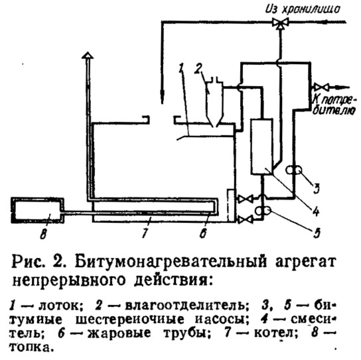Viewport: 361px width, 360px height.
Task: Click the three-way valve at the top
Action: (280, 23)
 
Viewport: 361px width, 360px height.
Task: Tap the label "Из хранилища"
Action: (303, 9)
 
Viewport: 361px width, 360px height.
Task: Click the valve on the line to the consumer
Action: (321, 88)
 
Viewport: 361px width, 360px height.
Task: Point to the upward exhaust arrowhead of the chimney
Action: (88, 56)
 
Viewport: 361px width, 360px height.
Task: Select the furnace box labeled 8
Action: (38, 210)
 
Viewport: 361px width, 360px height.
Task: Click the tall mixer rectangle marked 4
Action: (261, 147)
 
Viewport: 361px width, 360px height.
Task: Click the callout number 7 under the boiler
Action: (145, 232)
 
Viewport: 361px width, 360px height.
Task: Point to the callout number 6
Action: (203, 233)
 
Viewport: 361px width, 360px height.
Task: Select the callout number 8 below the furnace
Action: (43, 233)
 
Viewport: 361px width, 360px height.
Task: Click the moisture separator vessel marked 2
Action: (214, 102)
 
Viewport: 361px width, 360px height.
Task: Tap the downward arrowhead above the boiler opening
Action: (163, 97)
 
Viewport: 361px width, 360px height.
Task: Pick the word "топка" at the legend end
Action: (29, 347)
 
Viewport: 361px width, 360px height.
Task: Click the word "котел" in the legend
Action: (275, 333)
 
